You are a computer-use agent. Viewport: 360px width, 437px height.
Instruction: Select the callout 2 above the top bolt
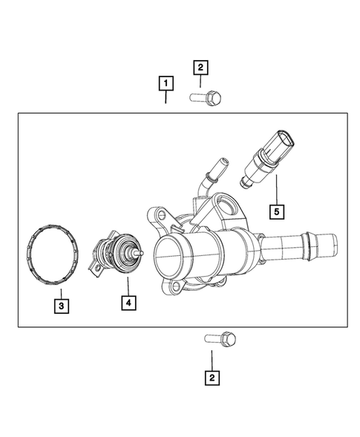point(200,68)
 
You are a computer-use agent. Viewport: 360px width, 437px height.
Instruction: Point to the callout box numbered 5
point(276,211)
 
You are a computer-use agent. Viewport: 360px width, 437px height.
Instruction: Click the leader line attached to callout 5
point(276,188)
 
